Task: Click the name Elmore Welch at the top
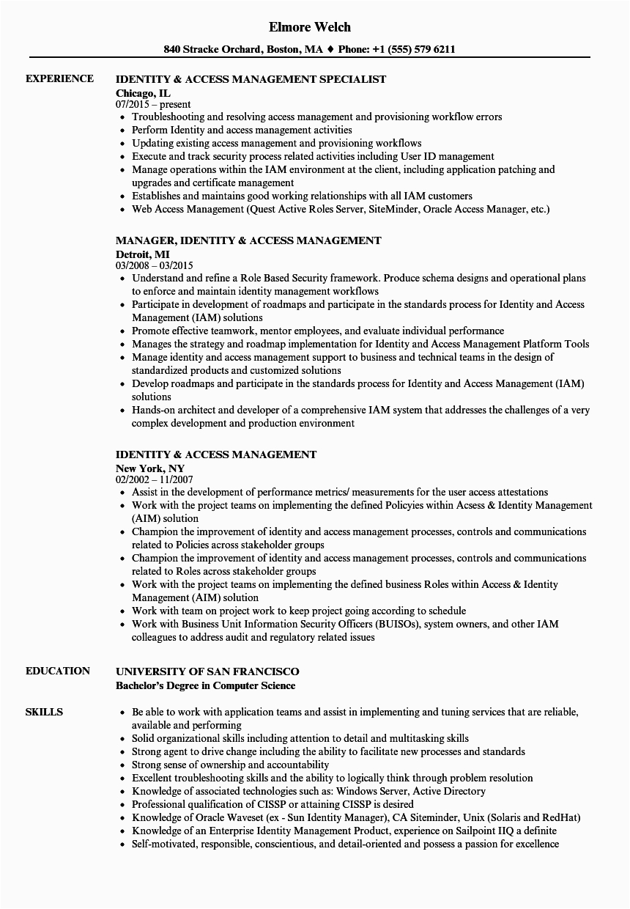(x=310, y=27)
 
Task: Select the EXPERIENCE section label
(x=59, y=79)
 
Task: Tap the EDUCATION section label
(x=58, y=671)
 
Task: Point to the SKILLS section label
(x=44, y=712)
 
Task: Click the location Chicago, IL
(x=144, y=92)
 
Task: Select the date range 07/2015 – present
(x=153, y=105)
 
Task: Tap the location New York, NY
(x=150, y=468)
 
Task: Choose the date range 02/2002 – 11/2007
(x=155, y=480)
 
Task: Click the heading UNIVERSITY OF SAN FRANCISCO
(x=207, y=671)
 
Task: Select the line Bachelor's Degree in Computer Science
(x=206, y=685)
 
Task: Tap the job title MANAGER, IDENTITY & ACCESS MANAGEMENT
(x=248, y=240)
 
